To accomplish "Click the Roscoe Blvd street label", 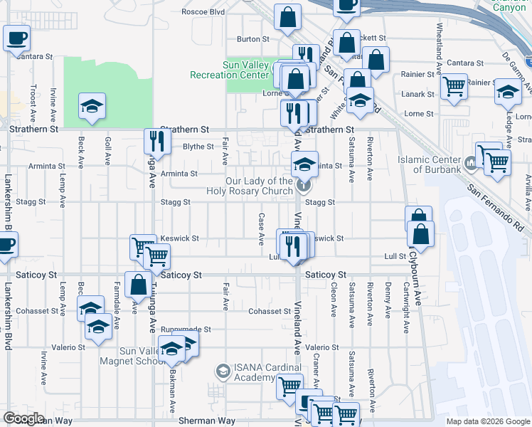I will [x=203, y=12].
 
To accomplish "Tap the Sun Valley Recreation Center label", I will [x=230, y=69].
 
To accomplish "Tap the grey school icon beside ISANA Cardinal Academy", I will [x=223, y=371].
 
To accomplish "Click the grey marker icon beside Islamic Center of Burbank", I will [x=470, y=165].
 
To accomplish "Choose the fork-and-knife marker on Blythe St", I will [x=156, y=140].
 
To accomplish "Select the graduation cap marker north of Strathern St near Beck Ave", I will [x=92, y=107].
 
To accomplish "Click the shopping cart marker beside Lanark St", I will [x=453, y=87].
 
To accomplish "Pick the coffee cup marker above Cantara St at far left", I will [x=16, y=38].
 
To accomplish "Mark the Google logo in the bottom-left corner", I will [x=23, y=418].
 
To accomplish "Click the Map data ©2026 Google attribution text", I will [x=488, y=421].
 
